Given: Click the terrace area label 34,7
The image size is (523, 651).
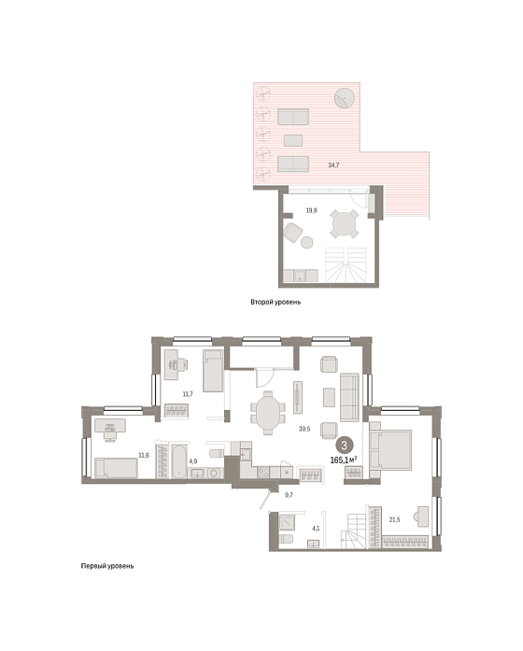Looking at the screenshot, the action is click(x=333, y=165).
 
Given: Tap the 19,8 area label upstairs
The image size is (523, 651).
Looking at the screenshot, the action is click(x=311, y=210).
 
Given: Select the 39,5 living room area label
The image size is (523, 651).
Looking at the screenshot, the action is click(x=304, y=429).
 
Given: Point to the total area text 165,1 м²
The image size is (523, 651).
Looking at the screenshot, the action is click(x=344, y=460).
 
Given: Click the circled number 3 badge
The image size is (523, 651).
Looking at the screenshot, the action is click(x=344, y=446).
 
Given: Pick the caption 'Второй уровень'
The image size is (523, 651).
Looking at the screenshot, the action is click(x=276, y=303).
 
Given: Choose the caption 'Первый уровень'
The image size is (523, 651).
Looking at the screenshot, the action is click(x=107, y=566).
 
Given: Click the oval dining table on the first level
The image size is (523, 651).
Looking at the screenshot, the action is click(x=268, y=413).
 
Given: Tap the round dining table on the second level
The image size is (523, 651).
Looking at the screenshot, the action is click(x=344, y=224).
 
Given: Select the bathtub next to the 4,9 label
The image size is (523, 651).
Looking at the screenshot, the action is click(x=179, y=461).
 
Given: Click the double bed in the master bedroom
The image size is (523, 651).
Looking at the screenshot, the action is click(x=390, y=449).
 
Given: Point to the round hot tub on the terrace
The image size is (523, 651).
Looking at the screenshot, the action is click(x=345, y=98).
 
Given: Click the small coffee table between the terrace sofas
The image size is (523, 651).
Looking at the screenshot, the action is click(x=293, y=140).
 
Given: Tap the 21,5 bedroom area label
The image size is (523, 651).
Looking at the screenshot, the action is click(x=395, y=519).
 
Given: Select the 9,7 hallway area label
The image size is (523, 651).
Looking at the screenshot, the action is click(x=289, y=495).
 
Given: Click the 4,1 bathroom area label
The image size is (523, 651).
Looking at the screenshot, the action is click(x=316, y=529).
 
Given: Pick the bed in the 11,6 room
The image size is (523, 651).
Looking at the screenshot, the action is click(x=116, y=468).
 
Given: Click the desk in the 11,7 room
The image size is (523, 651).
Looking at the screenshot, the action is click(x=172, y=364).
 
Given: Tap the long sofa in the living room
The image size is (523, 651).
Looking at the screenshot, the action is click(x=349, y=397).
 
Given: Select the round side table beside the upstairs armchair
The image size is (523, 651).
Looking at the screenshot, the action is click(x=306, y=242).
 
